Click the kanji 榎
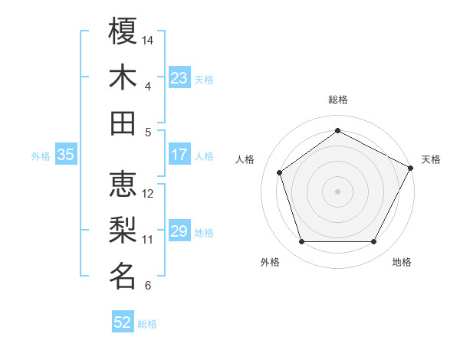(x=123, y=31)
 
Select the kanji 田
(x=123, y=123)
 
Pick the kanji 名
(x=123, y=276)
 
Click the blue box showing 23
(x=179, y=78)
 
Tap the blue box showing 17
(x=179, y=155)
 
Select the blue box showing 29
(x=179, y=232)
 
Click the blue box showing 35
(x=65, y=155)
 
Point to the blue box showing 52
(x=123, y=322)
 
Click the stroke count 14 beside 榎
(x=149, y=40)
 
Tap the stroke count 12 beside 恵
(x=149, y=193)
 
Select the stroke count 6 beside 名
(x=148, y=286)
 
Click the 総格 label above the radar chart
(x=338, y=100)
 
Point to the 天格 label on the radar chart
(x=431, y=159)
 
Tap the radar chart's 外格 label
(x=270, y=262)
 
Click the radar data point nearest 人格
(x=280, y=172)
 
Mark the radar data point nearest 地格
(x=374, y=242)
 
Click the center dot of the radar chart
(x=338, y=191)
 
